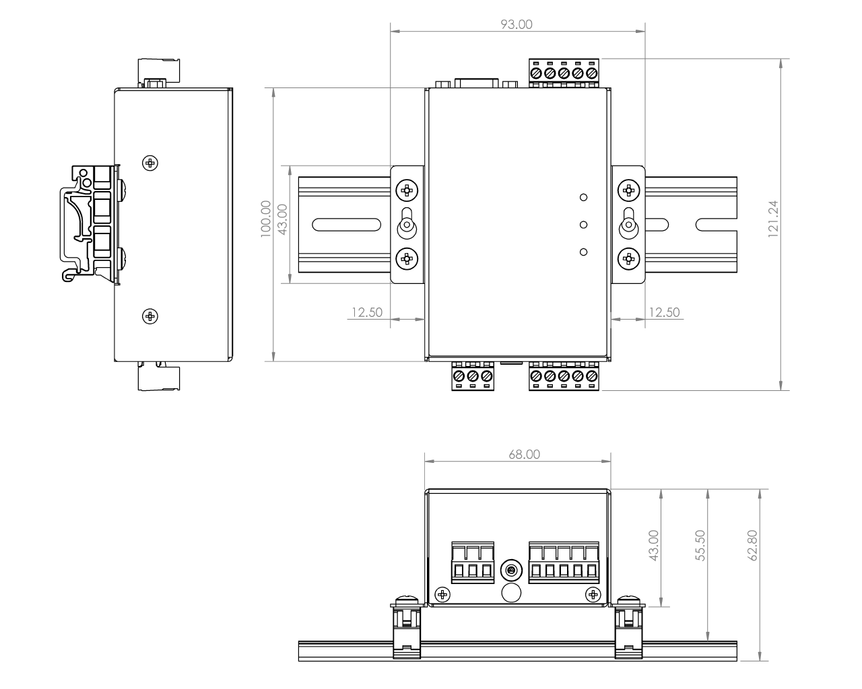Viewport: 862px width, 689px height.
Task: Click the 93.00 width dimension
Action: (517, 24)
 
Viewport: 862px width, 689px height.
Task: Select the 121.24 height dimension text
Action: (772, 219)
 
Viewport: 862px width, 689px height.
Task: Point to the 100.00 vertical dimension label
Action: (265, 217)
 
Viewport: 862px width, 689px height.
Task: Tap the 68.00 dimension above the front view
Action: (524, 454)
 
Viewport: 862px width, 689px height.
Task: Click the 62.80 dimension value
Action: (752, 545)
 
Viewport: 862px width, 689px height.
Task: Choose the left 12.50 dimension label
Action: (366, 312)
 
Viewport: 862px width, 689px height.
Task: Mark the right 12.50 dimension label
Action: (663, 312)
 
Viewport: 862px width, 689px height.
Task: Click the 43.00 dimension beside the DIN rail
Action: (283, 219)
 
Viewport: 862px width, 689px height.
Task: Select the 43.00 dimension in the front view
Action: (654, 545)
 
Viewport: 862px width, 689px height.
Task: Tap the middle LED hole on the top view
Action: (584, 225)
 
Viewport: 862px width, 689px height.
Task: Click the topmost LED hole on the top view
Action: (584, 197)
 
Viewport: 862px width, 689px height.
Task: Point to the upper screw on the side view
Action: (151, 162)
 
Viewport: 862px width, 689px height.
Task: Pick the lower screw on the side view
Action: (151, 315)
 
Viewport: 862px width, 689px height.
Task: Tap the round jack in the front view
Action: (511, 571)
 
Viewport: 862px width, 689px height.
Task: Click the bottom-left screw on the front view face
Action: (442, 593)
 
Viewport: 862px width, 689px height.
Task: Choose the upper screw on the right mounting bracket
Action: (628, 190)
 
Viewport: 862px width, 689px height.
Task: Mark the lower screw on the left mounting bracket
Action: (406, 257)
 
